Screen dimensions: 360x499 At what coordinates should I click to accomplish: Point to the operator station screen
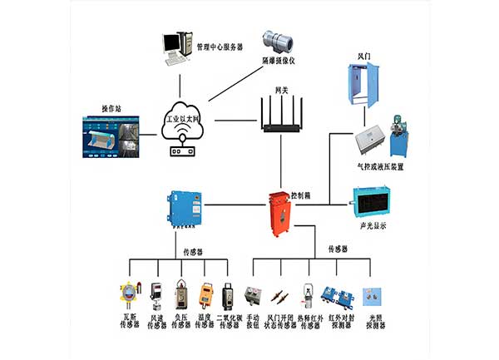112,136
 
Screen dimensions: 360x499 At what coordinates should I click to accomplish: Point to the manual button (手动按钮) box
253,296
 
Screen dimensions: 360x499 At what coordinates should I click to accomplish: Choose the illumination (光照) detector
374,295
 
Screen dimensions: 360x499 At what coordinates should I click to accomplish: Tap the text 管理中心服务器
219,48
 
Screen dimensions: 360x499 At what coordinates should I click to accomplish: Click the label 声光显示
371,227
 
